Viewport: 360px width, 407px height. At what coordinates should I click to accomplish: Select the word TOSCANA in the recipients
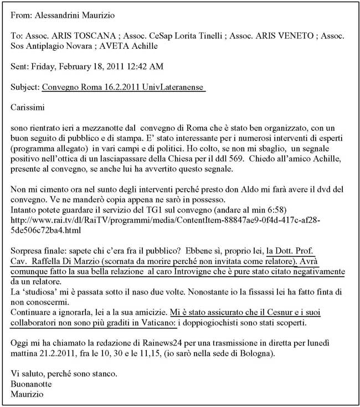(85, 35)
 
